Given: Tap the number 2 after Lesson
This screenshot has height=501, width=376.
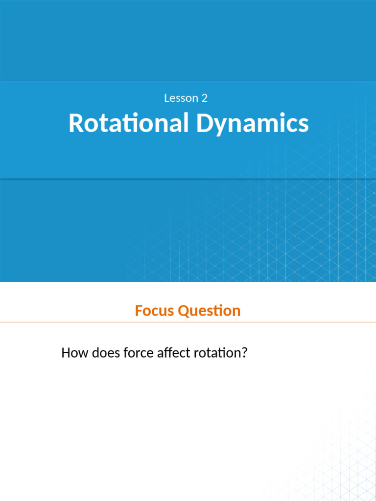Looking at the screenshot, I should click(205, 98).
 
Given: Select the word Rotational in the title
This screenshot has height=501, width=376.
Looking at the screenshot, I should click(129, 123).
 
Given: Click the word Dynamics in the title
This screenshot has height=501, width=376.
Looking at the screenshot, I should click(253, 123).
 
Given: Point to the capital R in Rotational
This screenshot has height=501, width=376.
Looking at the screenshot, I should click(75, 123).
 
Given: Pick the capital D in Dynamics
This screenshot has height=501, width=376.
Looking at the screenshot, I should click(204, 123).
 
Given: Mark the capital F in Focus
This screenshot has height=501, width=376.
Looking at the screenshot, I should click(139, 311).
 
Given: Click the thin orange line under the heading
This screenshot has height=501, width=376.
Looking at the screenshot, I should click(188, 322).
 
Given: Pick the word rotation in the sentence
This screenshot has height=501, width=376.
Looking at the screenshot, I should click(216, 353).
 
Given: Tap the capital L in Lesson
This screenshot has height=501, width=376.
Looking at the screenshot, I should click(166, 98).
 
